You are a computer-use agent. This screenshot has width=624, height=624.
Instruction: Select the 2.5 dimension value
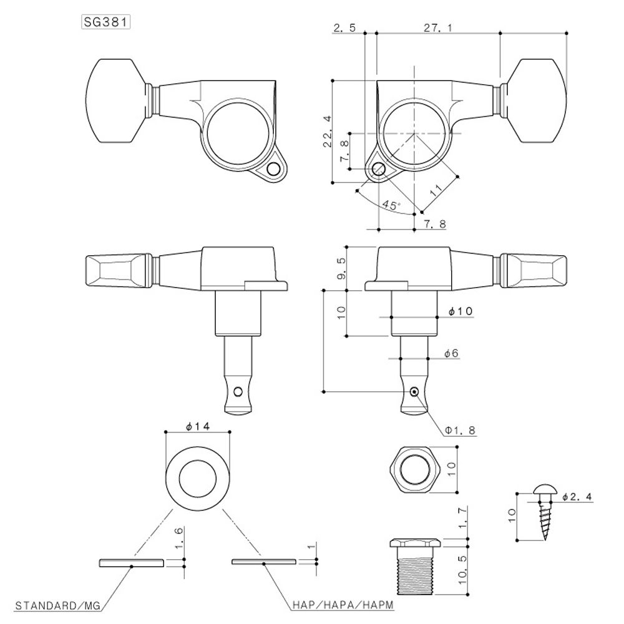point(345,28)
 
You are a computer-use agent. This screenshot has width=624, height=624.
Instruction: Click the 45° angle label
point(391,204)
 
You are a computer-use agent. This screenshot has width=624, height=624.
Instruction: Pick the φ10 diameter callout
point(459,311)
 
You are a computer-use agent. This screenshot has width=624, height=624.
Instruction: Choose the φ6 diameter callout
point(452,353)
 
